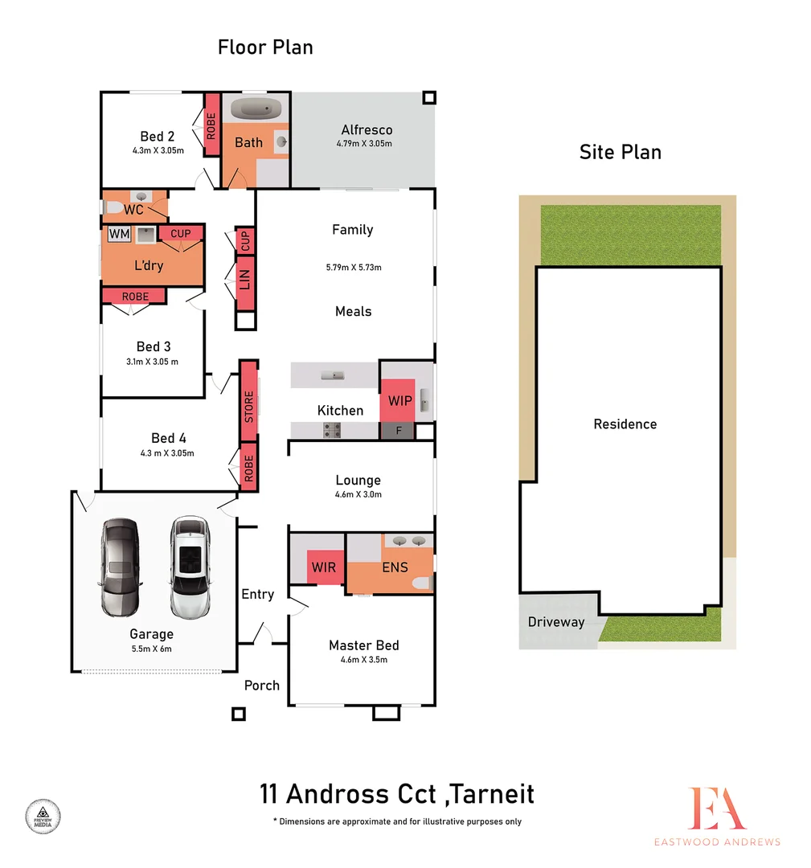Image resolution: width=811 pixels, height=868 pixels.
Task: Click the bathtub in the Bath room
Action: (x=254, y=108)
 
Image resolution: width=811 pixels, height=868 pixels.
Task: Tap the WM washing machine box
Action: (x=119, y=234)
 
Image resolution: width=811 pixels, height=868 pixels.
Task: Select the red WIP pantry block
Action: (x=398, y=399)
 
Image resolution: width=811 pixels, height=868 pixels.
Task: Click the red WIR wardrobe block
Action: (x=325, y=567)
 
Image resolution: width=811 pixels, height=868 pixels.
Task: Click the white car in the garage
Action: (x=190, y=567)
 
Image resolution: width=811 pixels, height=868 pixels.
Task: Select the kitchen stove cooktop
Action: (x=331, y=432)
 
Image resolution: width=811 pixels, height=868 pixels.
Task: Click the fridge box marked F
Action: (x=398, y=431)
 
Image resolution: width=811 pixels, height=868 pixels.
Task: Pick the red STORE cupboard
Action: (x=248, y=407)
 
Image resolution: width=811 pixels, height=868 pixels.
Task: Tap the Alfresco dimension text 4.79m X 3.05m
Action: (x=366, y=144)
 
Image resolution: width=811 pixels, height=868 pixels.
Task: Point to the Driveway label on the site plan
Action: (x=556, y=622)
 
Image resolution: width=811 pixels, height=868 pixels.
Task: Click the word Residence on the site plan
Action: (x=625, y=424)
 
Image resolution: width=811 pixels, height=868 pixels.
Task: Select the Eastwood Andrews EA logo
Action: (x=716, y=809)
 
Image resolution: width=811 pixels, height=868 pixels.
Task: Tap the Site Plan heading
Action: (x=620, y=152)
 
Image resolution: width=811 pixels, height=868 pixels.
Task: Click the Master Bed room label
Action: (x=363, y=645)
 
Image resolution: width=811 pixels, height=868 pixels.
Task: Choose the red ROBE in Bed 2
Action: (x=212, y=125)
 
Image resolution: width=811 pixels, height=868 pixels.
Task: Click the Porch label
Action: (x=262, y=685)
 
